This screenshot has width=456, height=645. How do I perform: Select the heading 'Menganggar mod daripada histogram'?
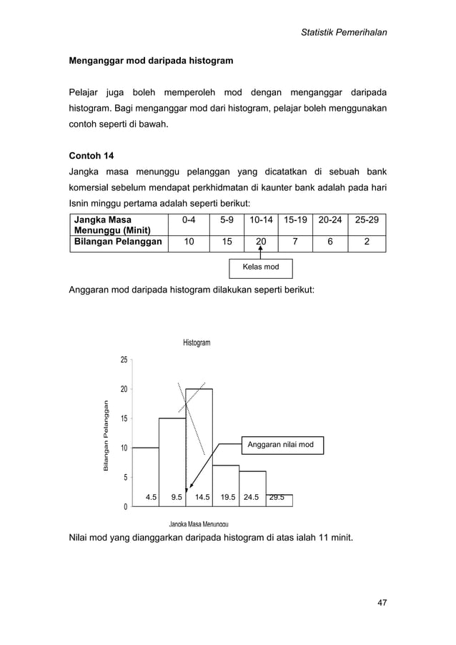coord(150,62)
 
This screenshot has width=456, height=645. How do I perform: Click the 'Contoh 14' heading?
coord(91,155)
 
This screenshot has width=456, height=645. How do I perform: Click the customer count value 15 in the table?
coord(225,242)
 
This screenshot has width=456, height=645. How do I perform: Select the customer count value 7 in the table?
coord(295,242)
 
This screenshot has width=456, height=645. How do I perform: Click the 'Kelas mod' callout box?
coord(262,268)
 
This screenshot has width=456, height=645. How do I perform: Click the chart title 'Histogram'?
coord(197,343)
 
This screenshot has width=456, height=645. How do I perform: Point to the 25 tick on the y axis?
coord(124,360)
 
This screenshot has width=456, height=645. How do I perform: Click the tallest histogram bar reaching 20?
coord(199,443)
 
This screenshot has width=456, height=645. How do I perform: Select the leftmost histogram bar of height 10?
coord(146,472)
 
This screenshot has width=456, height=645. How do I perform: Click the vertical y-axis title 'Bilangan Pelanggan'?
coord(105,434)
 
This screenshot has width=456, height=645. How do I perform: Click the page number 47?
coord(382,602)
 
